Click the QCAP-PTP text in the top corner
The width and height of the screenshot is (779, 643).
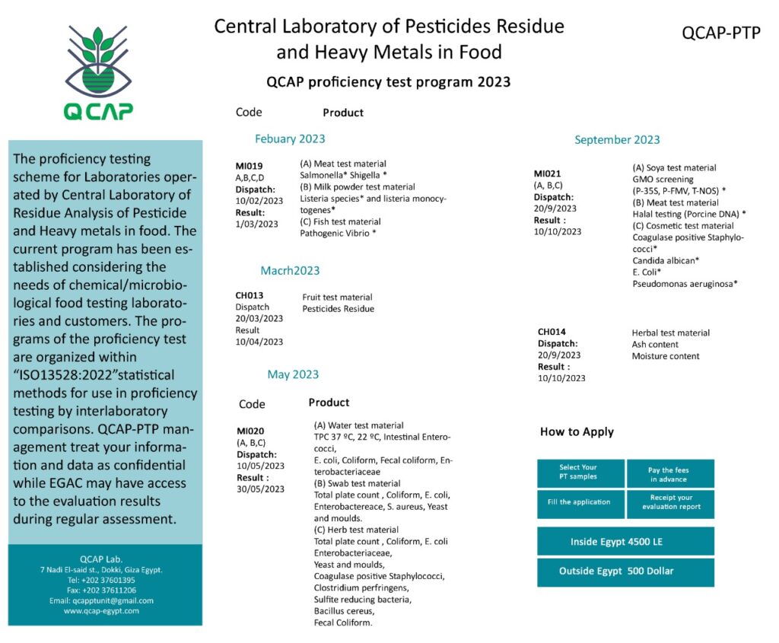[x=720, y=33]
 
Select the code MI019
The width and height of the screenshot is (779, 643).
[x=249, y=166]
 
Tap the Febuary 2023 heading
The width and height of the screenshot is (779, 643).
[x=290, y=138]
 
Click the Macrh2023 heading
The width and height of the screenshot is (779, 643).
[x=290, y=270]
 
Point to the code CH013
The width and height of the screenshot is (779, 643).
[x=249, y=295]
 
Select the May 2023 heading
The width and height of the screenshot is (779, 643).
[x=293, y=374]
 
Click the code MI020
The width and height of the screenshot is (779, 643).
[x=250, y=431]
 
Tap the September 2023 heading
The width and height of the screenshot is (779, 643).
[x=617, y=139]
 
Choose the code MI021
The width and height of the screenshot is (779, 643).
[x=548, y=173]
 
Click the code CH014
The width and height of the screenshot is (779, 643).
[x=552, y=332]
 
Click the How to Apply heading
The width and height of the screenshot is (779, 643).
[x=577, y=431]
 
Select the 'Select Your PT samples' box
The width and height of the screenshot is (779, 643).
[x=580, y=473]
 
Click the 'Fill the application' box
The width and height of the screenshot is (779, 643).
[x=580, y=502]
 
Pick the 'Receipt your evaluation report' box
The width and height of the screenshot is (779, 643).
[x=670, y=502]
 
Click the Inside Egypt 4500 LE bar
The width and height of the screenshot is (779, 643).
[x=625, y=542]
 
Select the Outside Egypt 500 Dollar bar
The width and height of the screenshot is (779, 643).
[x=625, y=571]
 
